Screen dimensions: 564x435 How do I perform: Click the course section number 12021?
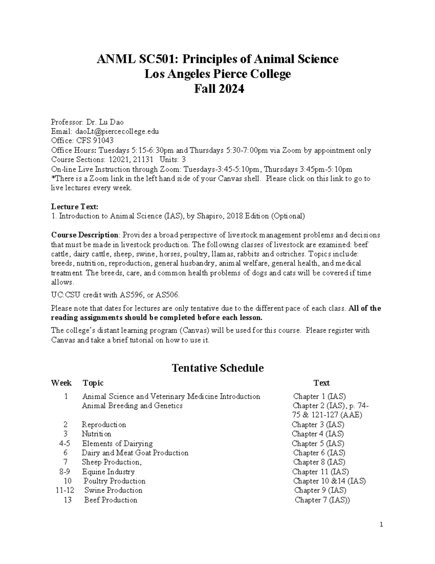point(117,159)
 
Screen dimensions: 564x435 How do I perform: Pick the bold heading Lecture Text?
point(74,207)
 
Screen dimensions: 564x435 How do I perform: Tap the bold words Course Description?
point(84,235)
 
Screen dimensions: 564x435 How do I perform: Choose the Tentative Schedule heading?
point(217,368)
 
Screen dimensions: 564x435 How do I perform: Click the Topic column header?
point(93,383)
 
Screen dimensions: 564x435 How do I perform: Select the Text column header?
point(322,383)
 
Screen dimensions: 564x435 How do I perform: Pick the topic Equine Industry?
point(108,472)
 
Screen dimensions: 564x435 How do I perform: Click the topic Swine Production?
point(113,490)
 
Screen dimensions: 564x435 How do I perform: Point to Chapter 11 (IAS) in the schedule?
point(320,472)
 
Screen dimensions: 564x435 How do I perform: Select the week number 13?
point(67,500)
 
